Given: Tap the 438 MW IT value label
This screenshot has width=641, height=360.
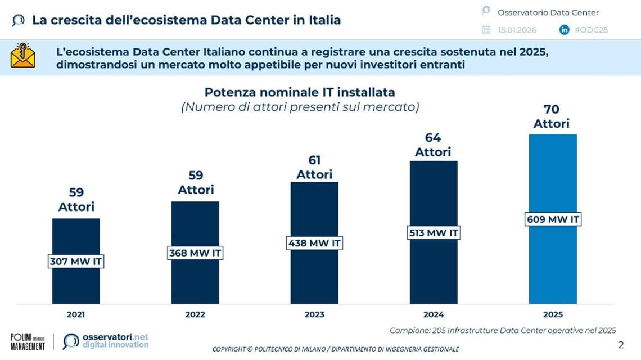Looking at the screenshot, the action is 314,243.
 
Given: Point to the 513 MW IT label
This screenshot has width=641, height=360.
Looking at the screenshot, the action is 434,232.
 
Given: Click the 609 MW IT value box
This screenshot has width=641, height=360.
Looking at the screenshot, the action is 553,219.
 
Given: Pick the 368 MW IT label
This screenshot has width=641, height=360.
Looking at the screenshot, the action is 195,253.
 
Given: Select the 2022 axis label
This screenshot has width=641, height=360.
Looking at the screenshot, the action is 195,314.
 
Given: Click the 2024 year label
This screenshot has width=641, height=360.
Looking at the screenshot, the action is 434,314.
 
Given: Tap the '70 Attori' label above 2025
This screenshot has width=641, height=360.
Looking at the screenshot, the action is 552,116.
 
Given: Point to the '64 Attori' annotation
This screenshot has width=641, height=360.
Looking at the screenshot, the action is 433,145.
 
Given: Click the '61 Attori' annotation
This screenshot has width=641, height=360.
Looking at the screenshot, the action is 314,167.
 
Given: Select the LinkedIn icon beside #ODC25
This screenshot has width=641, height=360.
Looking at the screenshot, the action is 564,30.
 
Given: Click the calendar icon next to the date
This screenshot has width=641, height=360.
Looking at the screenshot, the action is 486,30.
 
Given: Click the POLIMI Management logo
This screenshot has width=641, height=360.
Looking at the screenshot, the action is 28,342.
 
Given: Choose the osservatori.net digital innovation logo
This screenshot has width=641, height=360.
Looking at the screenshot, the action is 106,341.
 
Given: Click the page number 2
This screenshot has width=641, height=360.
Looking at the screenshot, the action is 621,345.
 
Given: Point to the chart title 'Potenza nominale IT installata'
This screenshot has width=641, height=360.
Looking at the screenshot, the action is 300,92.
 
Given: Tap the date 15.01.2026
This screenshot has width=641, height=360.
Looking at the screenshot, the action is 517,30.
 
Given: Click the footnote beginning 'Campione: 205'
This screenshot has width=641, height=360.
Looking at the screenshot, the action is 503,331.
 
